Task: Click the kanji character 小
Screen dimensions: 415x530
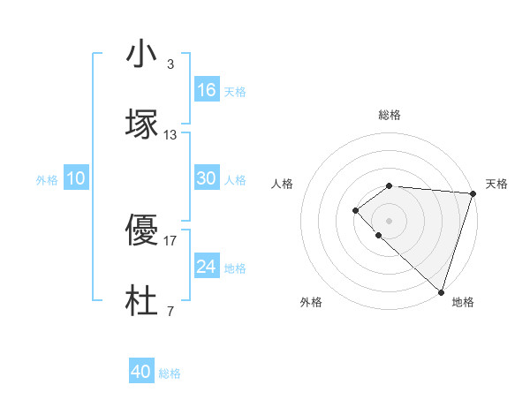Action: (141, 55)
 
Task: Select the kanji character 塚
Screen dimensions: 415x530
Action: (141, 124)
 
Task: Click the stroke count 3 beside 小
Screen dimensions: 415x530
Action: (170, 64)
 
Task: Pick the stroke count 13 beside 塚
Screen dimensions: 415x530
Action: (170, 135)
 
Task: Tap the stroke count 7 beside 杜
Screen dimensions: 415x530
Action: (170, 312)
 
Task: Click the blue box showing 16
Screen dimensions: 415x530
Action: (207, 90)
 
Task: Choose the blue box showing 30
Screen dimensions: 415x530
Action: (207, 178)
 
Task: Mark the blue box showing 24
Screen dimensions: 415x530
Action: (207, 267)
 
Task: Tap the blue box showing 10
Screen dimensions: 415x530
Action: (76, 178)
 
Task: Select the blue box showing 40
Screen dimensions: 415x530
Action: (141, 372)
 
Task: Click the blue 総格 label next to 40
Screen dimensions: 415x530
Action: (170, 373)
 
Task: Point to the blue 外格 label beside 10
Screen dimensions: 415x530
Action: (47, 180)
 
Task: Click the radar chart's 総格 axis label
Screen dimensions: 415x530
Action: (389, 115)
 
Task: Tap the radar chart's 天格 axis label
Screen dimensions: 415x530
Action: (496, 184)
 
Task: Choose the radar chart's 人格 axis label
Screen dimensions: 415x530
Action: (282, 184)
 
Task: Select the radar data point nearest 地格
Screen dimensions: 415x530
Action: (441, 292)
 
